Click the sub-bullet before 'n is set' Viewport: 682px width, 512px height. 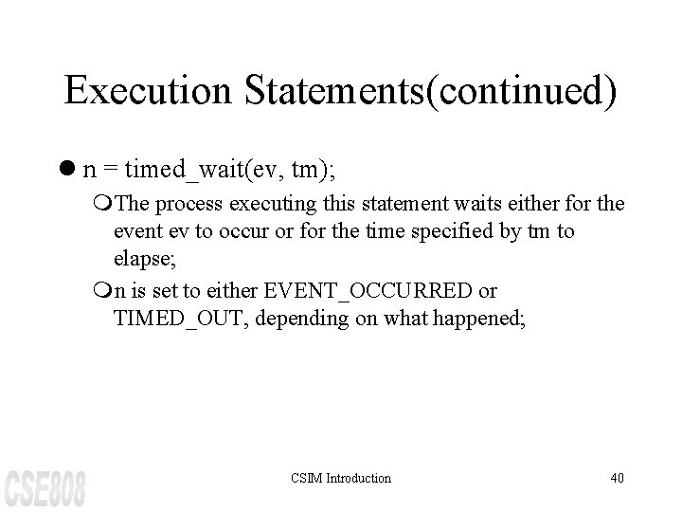[x=102, y=288]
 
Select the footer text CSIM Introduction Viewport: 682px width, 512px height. [x=341, y=478]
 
